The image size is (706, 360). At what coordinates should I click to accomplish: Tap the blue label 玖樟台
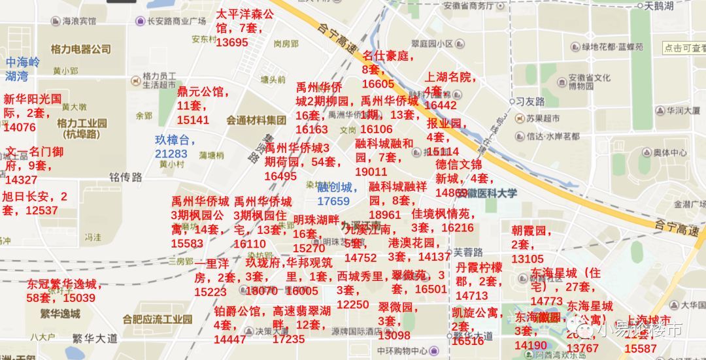[x=175, y=140]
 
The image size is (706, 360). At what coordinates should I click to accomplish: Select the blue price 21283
[x=171, y=154]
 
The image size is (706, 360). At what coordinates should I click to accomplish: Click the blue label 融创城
[x=337, y=188]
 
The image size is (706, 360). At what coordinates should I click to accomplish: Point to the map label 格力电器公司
[x=81, y=49]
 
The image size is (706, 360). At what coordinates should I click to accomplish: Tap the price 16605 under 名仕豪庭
[x=378, y=84]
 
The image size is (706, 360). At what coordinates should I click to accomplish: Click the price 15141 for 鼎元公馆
[x=193, y=120]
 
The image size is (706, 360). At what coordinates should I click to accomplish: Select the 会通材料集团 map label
[x=256, y=120]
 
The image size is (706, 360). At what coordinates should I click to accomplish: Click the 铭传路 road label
[x=126, y=177]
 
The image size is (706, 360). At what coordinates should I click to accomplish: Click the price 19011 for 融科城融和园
[x=371, y=172]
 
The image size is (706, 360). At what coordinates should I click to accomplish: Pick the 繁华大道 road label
[x=95, y=338]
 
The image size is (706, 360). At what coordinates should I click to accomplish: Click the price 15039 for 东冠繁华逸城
[x=79, y=298]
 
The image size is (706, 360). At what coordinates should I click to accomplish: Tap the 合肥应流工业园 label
[x=157, y=319]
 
